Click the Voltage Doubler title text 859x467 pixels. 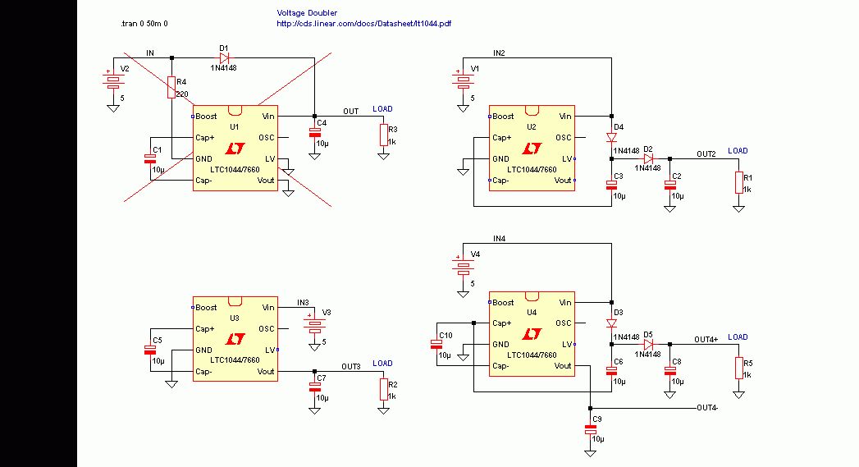[x=307, y=12]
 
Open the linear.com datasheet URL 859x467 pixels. [x=363, y=24]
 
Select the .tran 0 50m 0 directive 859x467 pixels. [x=144, y=24]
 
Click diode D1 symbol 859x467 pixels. [x=224, y=57]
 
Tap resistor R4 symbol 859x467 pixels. [x=171, y=88]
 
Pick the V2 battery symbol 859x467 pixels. [x=113, y=80]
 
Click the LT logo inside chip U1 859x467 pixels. [x=235, y=148]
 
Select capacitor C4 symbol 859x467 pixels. [x=314, y=133]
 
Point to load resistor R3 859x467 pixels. [x=383, y=135]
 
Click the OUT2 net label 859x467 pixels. [x=706, y=154]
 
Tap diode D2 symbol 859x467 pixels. [x=649, y=158]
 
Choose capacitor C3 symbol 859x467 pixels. [x=611, y=185]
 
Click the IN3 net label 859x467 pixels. [x=303, y=303]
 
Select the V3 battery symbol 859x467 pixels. [x=314, y=323]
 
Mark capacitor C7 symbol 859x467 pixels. [x=314, y=387]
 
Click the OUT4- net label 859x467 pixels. [x=707, y=408]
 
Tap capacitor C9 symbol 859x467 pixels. [x=590, y=430]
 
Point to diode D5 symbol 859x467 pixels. [x=649, y=344]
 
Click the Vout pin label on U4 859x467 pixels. [x=563, y=365]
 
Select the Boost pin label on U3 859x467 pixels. [x=206, y=308]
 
